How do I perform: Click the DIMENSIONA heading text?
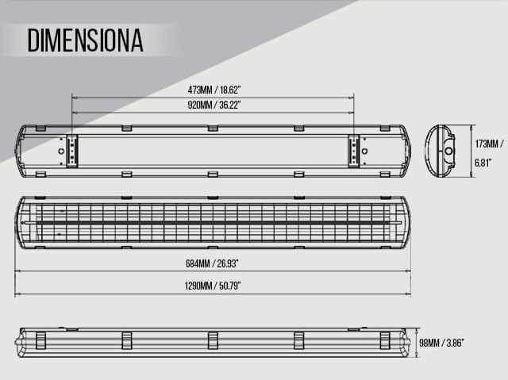point(85,40)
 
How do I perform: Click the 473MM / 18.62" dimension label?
point(214,90)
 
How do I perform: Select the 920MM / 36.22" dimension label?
point(214,105)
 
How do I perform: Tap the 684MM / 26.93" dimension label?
point(212,263)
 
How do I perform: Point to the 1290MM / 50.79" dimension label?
point(213,286)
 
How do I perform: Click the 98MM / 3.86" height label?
point(441,343)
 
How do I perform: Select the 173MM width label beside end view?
point(490,144)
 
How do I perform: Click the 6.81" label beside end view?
point(483,163)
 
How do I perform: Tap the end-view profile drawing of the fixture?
point(440,152)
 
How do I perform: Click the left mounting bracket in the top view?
point(72,152)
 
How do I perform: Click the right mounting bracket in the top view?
point(354,152)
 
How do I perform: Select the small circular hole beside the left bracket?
point(61,152)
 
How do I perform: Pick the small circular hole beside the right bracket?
point(365,152)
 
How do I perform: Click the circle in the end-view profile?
point(448,151)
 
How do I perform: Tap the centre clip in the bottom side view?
point(213,340)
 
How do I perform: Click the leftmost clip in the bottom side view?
point(40,340)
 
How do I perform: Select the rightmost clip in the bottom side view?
point(385,340)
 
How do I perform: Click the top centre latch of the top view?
point(213,129)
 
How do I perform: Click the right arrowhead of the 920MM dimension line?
point(351,113)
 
